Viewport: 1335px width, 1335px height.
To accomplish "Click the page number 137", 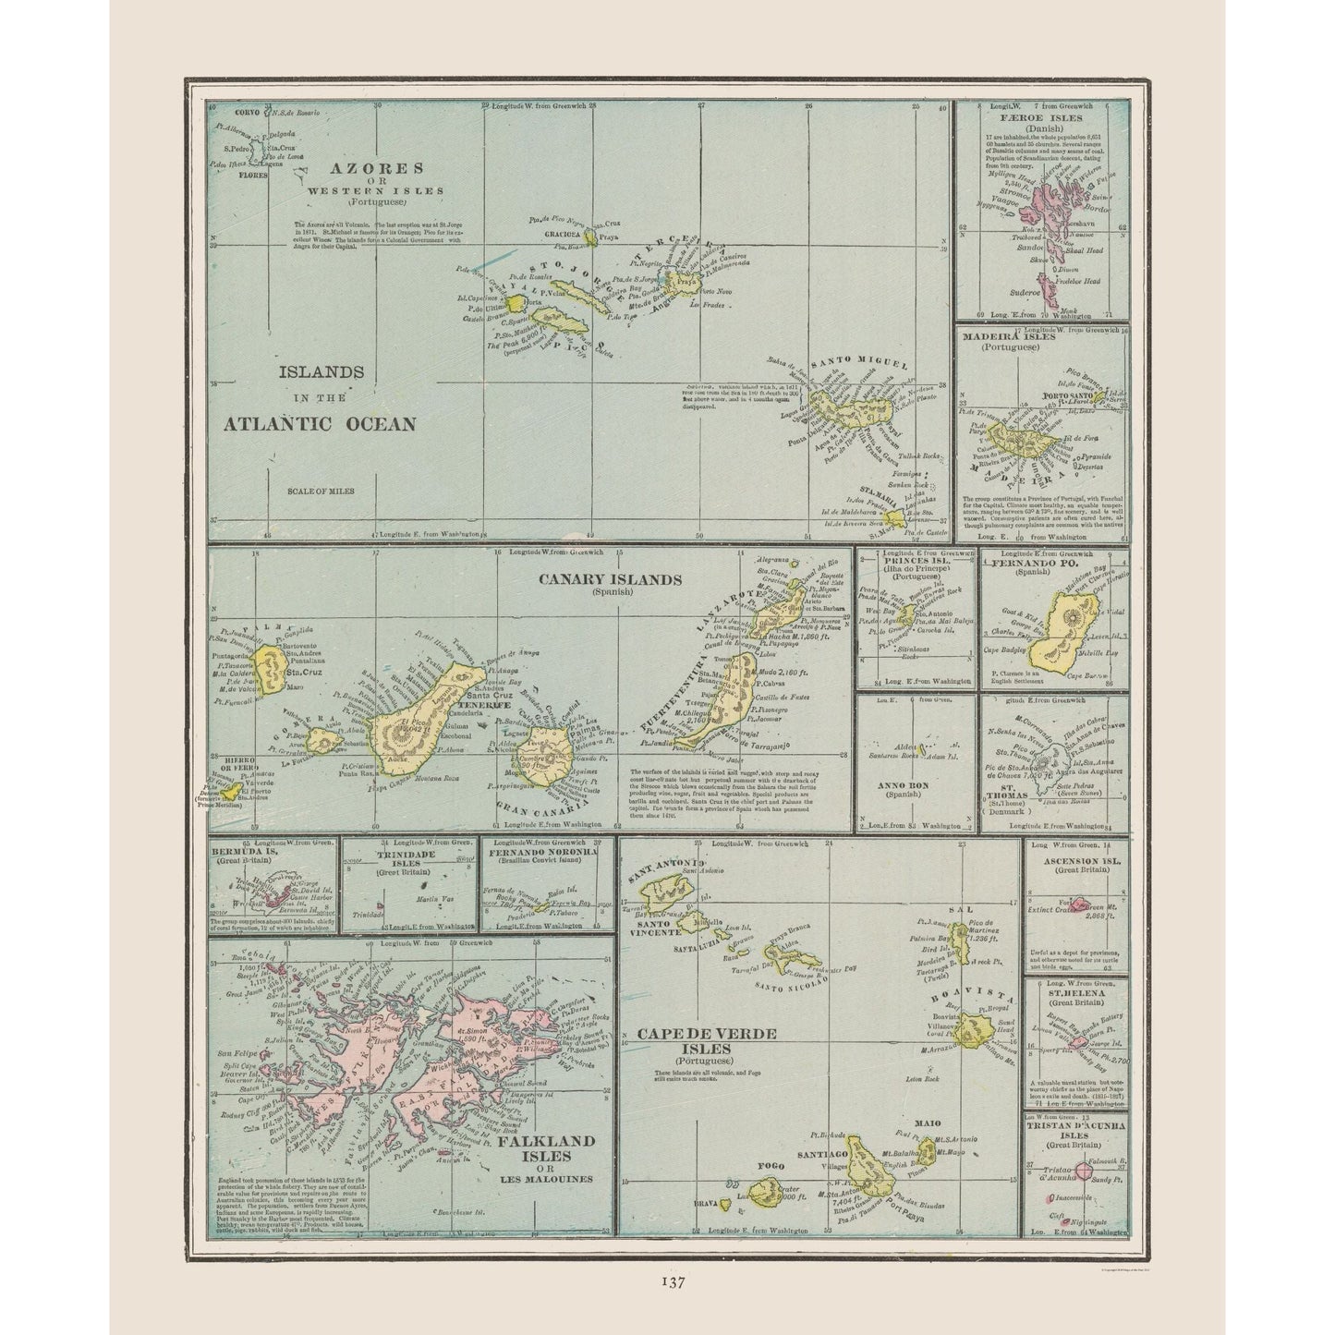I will pyautogui.click(x=672, y=1281).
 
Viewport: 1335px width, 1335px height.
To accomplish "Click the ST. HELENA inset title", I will pyautogui.click(x=1076, y=995).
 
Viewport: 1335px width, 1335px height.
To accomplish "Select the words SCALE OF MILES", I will pyautogui.click(x=321, y=491).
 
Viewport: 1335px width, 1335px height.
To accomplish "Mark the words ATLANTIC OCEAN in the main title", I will pyautogui.click(x=320, y=424).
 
